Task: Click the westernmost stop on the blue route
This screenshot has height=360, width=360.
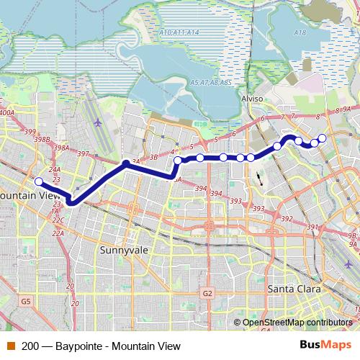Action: [x=39, y=181]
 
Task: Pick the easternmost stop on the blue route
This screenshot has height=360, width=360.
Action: [x=322, y=138]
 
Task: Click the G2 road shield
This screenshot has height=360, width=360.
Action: [x=207, y=293]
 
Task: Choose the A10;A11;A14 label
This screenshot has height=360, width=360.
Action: [x=179, y=33]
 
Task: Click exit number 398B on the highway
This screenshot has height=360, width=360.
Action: [x=42, y=139]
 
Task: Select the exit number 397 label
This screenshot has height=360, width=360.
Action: [x=84, y=154]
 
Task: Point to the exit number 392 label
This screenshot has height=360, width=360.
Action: [x=286, y=219]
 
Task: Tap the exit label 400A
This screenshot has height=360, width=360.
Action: [x=7, y=113]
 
